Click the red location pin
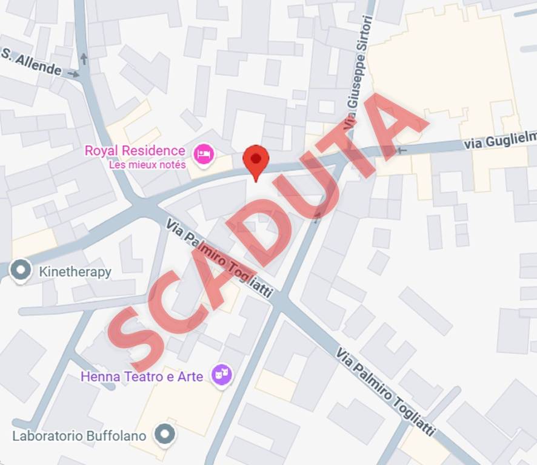coord(256,159)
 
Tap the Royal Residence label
coord(135,150)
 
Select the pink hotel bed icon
coord(204,154)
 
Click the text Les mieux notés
coord(147,164)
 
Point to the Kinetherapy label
coord(75,272)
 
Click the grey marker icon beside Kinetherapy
coord(22,270)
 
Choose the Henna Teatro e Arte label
coord(142,376)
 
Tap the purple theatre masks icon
coord(222,375)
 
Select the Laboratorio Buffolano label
coord(79,435)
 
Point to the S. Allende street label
coord(32,62)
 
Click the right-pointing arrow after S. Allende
coord(74,74)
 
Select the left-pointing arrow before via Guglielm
coord(401,150)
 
